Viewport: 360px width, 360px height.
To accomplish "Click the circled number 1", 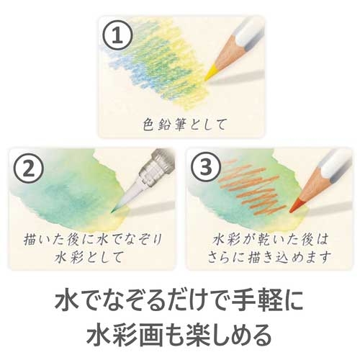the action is point(118,36).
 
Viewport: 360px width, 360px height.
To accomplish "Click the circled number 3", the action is point(206,167).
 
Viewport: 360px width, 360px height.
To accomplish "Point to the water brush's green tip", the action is point(113,212).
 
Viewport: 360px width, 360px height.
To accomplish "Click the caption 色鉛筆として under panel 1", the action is point(184,125).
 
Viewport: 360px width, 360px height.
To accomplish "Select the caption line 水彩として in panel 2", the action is point(89,257).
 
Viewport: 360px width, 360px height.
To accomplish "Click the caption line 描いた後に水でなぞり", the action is point(93,240).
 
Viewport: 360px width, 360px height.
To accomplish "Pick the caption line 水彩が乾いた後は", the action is point(270,240).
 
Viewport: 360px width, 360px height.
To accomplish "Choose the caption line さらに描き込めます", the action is point(269,257).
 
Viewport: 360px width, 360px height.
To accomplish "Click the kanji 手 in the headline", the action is point(245,300).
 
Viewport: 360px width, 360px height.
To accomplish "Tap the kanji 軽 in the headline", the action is point(270,300).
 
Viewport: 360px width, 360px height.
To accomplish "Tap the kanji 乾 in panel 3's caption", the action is point(261,240).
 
